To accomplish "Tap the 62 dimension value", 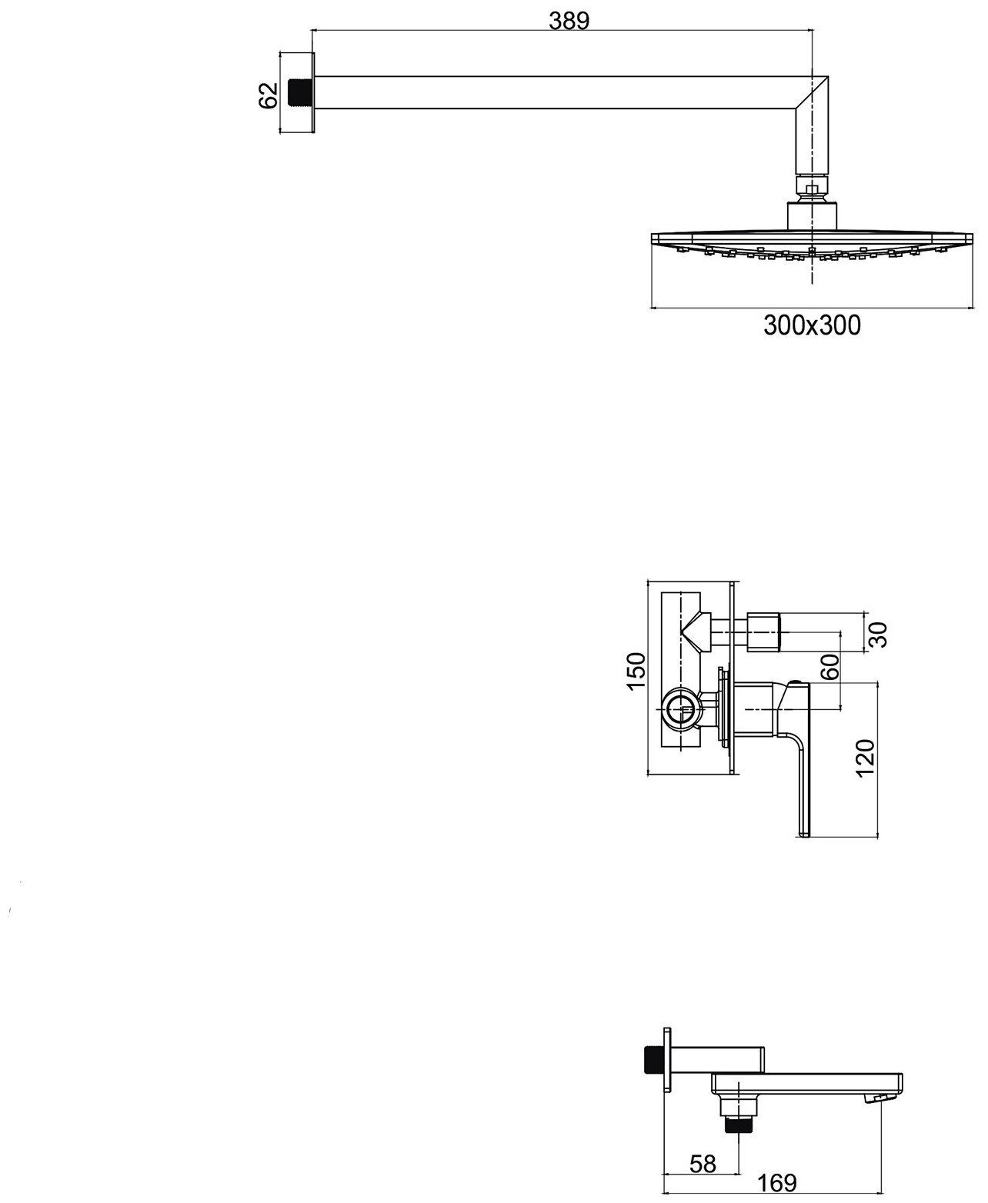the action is (268, 95).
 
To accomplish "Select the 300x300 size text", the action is (812, 326).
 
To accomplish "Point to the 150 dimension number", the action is (636, 671).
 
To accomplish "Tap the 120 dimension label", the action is (866, 761).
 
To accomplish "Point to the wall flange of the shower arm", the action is (312, 93).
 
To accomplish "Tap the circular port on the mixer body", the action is (680, 708).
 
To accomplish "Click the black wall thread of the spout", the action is (653, 1059).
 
